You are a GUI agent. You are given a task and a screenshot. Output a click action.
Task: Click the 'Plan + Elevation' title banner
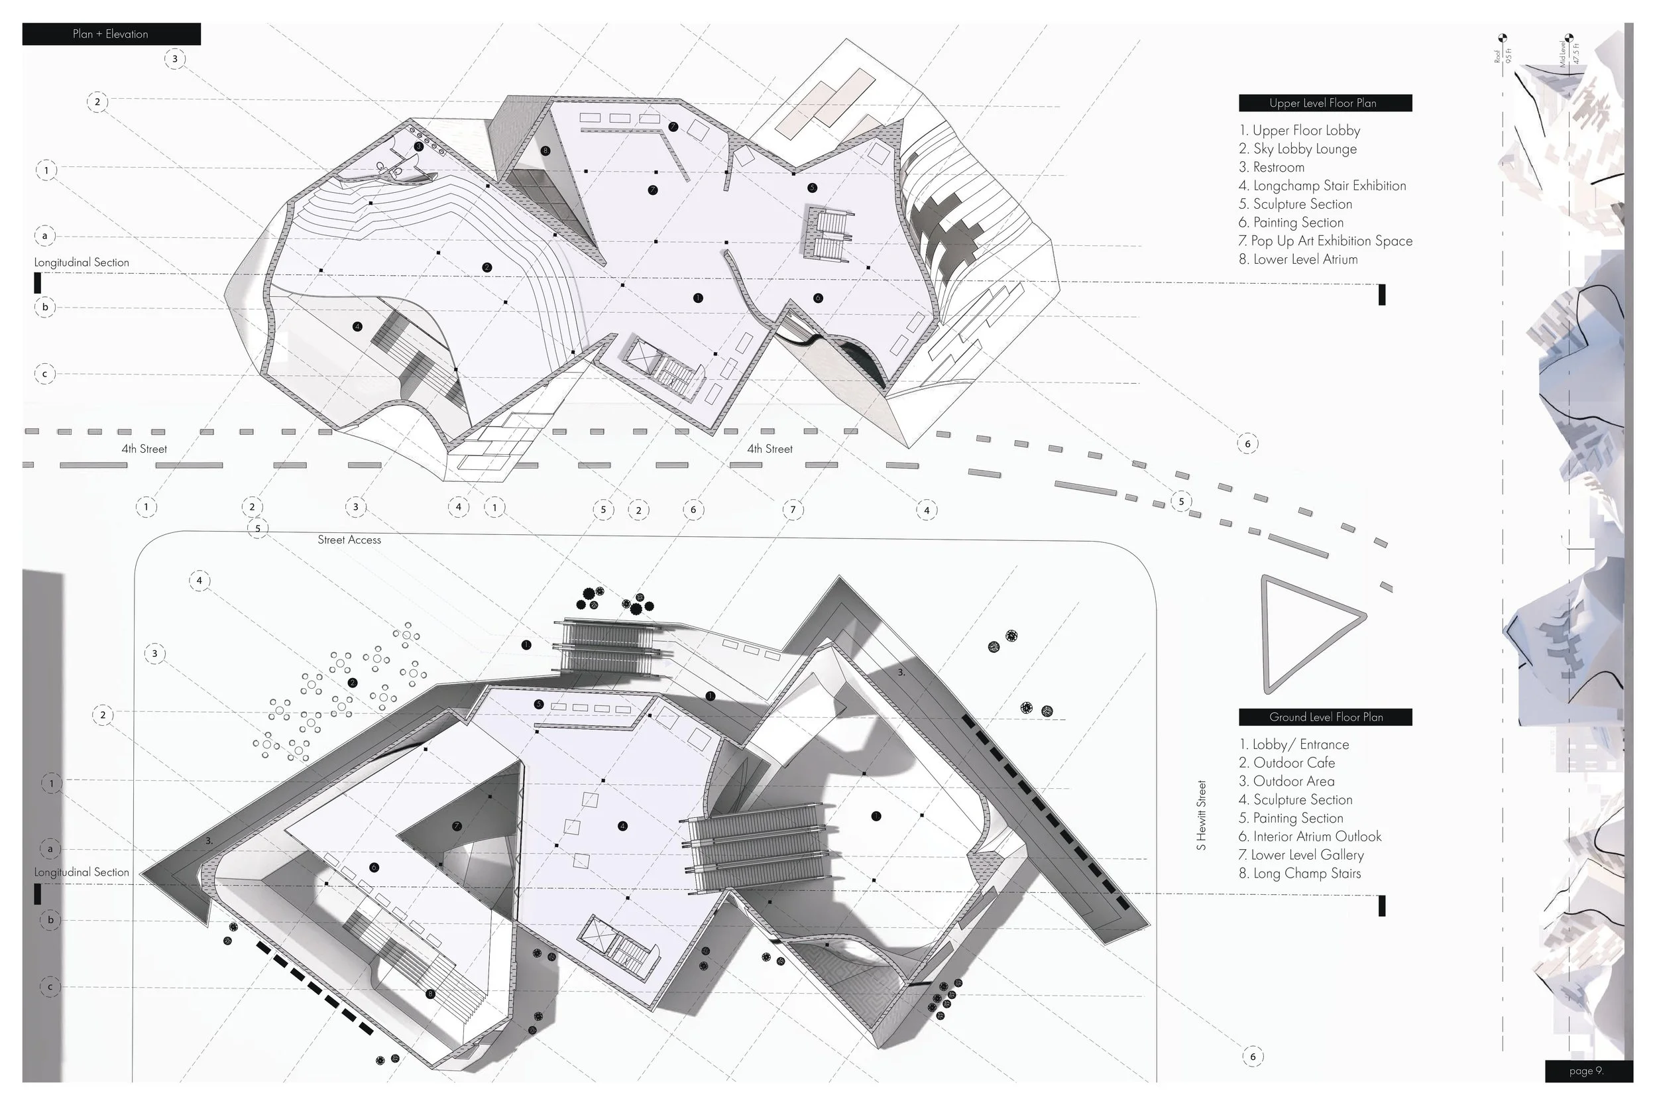click(x=111, y=34)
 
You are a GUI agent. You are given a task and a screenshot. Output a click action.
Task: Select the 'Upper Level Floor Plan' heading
click(x=1324, y=103)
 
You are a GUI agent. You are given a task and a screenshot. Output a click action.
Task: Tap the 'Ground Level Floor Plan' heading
click(x=1324, y=717)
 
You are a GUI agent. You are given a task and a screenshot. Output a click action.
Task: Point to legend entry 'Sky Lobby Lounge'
click(x=1298, y=148)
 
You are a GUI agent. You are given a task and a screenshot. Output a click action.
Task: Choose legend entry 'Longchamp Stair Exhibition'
click(x=1322, y=186)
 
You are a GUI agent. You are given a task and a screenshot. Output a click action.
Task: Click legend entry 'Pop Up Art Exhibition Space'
click(x=1325, y=241)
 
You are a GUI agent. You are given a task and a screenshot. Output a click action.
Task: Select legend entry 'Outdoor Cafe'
click(x=1286, y=762)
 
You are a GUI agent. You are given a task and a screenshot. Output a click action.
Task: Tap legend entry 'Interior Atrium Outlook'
click(x=1310, y=837)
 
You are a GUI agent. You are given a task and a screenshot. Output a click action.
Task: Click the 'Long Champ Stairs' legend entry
click(x=1300, y=873)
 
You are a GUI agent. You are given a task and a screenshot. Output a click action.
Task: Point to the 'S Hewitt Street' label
click(x=1202, y=815)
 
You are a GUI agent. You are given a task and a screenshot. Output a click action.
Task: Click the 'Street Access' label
click(x=349, y=540)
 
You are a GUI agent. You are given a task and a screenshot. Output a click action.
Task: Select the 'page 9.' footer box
click(x=1588, y=1071)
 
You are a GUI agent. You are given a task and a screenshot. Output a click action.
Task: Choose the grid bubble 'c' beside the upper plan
click(x=45, y=373)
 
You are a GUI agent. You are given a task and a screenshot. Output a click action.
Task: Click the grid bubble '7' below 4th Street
click(x=793, y=510)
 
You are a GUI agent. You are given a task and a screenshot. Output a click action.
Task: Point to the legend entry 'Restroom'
click(x=1272, y=167)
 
